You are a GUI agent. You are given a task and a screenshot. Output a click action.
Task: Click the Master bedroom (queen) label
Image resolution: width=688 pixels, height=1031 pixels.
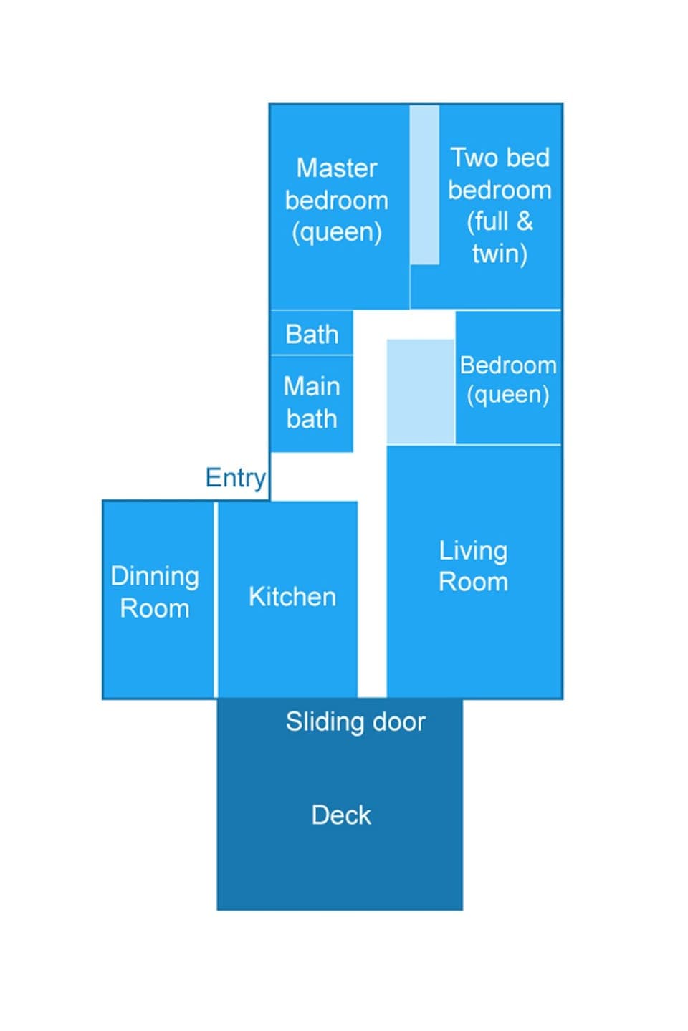(x=336, y=200)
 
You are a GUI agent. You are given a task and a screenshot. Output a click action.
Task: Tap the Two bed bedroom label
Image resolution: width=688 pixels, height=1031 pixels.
(x=500, y=205)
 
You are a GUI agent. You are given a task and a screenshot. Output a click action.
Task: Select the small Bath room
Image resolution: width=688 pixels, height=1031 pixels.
(x=312, y=334)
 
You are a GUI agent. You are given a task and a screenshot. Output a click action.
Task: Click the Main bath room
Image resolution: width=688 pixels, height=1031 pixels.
(x=312, y=403)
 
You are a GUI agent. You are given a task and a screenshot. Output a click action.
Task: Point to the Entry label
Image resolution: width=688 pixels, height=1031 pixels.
(x=235, y=477)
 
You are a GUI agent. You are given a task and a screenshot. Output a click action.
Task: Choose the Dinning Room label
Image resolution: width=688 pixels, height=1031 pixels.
(x=155, y=592)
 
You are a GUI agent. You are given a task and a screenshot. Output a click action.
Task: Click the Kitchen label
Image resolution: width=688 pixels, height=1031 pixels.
(x=292, y=597)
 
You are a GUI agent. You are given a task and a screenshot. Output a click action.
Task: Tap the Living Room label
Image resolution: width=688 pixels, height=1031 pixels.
(x=473, y=566)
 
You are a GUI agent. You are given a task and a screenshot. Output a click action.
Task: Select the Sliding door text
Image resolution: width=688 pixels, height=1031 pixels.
(x=355, y=721)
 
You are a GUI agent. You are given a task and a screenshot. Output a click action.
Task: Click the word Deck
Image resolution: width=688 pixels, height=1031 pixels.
(x=341, y=815)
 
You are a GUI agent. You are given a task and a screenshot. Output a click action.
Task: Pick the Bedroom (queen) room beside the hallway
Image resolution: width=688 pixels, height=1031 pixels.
(x=508, y=379)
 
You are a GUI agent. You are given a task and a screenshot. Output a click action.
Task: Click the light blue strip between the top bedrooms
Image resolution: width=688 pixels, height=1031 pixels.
(x=424, y=185)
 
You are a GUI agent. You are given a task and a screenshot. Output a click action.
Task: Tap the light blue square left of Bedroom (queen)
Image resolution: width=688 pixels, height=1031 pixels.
(x=421, y=392)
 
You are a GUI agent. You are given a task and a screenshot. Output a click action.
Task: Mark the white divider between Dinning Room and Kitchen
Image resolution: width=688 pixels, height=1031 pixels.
(x=216, y=599)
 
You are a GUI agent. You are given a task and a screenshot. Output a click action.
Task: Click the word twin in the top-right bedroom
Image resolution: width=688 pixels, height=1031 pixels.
(x=500, y=253)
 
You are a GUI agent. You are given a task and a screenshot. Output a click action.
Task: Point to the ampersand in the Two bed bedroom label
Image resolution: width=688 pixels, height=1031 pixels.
(x=525, y=221)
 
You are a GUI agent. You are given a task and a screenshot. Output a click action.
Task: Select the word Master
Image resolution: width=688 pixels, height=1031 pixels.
(x=336, y=168)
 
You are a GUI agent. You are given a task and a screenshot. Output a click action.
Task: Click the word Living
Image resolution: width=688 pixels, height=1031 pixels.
(x=473, y=550)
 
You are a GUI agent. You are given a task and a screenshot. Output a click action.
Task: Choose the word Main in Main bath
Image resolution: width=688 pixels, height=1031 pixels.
(x=312, y=387)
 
